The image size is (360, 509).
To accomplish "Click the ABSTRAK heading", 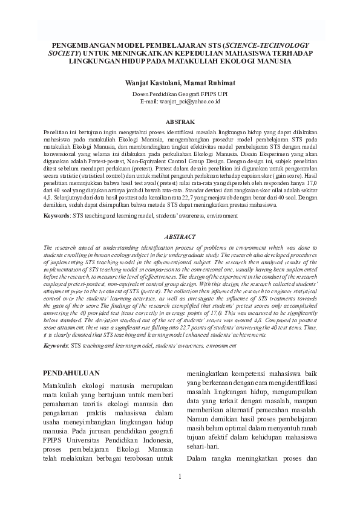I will pos(180,122).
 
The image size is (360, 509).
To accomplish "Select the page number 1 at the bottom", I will pos(180,478).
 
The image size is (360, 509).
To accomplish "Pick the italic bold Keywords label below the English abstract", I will pos(56,329).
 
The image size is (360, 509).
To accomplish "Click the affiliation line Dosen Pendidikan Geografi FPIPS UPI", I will pos(180,95).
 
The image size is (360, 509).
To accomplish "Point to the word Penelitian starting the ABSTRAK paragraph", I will pos(57,131).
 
